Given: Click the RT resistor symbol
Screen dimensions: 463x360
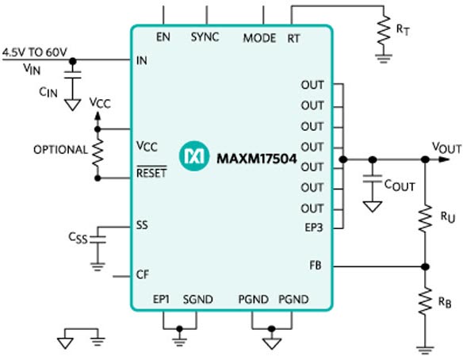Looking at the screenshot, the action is click(x=384, y=31).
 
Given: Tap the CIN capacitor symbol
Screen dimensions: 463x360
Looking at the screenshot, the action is click(x=73, y=75).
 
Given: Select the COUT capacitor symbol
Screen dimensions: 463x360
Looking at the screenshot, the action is click(x=373, y=178).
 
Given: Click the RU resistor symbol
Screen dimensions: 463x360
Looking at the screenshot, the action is click(x=425, y=218).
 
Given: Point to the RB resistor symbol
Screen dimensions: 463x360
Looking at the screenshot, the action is click(x=425, y=301).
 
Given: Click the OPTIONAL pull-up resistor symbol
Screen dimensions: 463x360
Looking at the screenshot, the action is click(x=98, y=153).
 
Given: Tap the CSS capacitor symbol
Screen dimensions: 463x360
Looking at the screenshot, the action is click(x=98, y=239).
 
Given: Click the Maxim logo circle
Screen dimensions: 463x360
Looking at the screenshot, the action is click(x=194, y=155).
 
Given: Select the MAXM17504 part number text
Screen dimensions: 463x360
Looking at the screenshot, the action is click(x=257, y=159).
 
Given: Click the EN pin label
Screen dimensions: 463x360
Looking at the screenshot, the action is click(x=163, y=37).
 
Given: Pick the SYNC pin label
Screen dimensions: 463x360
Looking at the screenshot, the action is click(x=205, y=37).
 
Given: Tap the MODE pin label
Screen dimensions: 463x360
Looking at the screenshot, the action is click(x=259, y=38).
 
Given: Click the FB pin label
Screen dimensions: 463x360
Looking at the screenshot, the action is click(x=316, y=265).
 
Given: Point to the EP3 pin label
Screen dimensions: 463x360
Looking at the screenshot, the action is click(x=314, y=228).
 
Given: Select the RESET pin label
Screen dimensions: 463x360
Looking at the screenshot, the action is click(x=151, y=172).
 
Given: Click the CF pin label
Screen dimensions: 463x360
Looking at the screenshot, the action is click(x=143, y=274).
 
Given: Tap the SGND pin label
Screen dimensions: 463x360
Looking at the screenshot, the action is click(x=198, y=299).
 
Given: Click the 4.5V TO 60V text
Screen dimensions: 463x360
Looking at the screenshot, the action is click(x=35, y=52).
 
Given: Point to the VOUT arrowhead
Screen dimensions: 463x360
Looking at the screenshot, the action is click(x=444, y=159).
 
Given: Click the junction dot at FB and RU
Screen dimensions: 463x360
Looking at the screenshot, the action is click(x=425, y=267).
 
